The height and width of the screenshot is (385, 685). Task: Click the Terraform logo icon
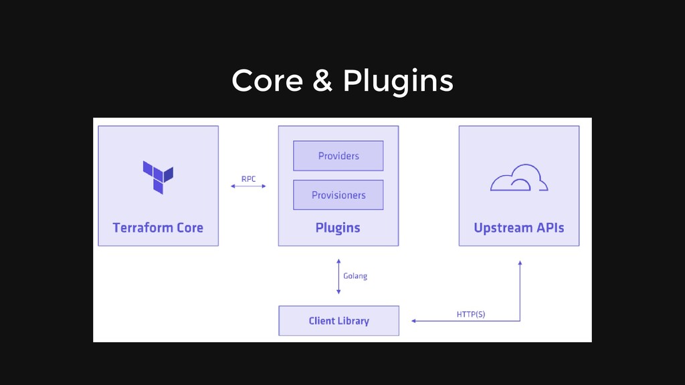point(158,177)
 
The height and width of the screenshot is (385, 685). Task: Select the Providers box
point(338,156)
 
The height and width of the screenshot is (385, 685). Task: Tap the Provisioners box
point(338,195)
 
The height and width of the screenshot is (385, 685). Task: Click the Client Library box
point(339,321)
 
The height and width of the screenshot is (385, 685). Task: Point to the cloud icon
point(519,178)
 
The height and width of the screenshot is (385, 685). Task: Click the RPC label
point(249,179)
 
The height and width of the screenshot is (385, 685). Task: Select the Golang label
point(355,276)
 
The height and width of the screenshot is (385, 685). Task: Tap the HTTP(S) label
point(471,314)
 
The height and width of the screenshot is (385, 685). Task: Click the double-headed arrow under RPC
point(248,186)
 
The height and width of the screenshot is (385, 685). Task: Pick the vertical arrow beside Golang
point(338,277)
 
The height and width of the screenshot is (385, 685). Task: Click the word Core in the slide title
point(268,81)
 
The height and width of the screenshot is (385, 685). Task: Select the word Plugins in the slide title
point(398,82)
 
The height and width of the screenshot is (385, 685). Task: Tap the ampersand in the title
point(322,81)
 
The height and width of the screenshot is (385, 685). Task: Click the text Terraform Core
point(158,228)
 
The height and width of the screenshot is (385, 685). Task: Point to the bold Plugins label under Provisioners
point(338,229)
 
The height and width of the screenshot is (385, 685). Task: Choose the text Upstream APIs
point(519,229)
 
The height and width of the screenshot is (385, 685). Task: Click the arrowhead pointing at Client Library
point(413,321)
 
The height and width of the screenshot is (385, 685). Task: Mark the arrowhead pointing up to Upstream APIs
point(520,263)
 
